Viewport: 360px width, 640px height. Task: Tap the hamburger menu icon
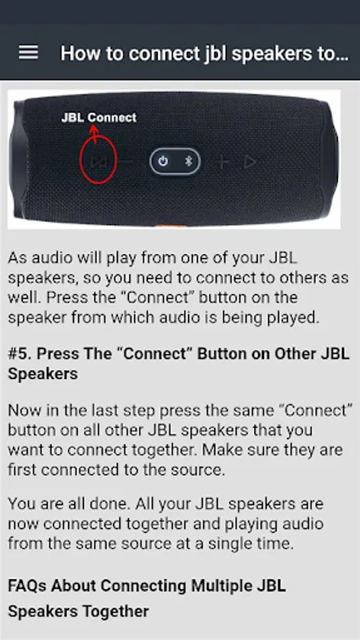[28, 53]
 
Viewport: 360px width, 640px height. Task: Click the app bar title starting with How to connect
[204, 53]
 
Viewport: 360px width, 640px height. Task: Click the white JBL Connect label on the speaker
[99, 117]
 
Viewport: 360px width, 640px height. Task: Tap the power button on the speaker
[163, 161]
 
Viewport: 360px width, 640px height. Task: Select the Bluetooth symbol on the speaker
[188, 161]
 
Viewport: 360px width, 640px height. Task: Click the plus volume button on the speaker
[222, 162]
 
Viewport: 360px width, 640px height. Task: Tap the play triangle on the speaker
[250, 162]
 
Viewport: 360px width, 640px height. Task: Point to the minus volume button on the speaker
[127, 161]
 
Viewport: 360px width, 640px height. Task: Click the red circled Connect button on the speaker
[98, 161]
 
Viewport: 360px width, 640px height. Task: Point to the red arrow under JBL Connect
[95, 134]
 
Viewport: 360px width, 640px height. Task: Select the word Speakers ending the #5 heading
[43, 375]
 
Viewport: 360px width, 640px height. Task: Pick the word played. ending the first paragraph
[292, 318]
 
